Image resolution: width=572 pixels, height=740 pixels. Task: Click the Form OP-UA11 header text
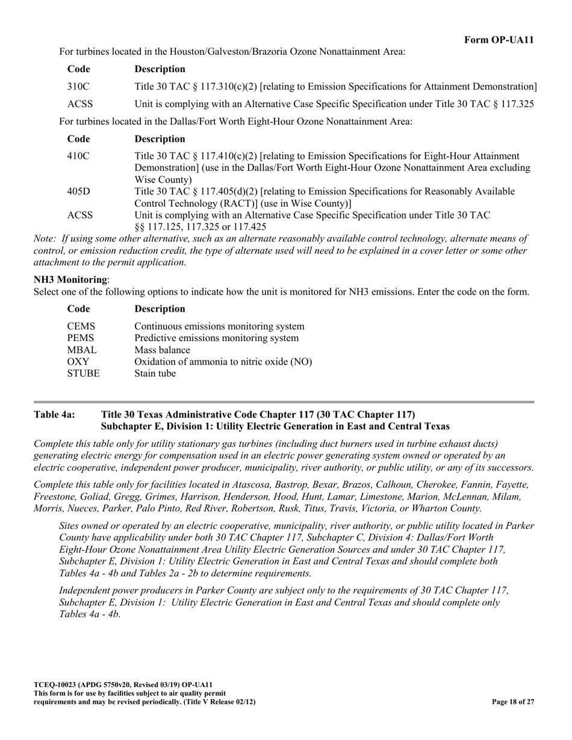[499, 40]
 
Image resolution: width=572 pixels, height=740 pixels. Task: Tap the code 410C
[78, 156]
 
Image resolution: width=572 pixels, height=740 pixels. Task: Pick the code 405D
[78, 191]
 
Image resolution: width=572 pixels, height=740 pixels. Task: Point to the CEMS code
[81, 327]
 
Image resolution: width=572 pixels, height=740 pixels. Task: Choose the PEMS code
[81, 338]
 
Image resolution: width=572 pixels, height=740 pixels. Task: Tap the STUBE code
[83, 373]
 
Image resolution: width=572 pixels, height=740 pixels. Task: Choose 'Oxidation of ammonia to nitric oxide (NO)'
[223, 362]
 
